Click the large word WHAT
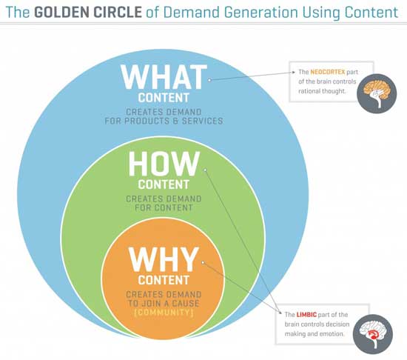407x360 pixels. click(x=164, y=77)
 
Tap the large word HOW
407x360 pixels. click(x=164, y=164)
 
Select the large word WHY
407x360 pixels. click(x=164, y=259)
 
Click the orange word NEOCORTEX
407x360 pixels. click(x=328, y=72)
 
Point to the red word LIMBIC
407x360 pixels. click(x=306, y=315)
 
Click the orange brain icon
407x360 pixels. click(x=377, y=93)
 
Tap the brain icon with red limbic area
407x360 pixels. click(x=373, y=334)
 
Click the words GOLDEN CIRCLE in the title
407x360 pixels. click(x=88, y=12)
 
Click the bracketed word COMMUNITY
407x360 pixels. click(x=164, y=312)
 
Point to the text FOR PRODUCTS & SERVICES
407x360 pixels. click(x=164, y=121)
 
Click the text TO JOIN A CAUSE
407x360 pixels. click(x=164, y=303)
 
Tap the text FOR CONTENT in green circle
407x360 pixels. click(x=164, y=207)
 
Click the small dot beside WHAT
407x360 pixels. click(x=209, y=80)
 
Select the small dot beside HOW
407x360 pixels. click(x=205, y=170)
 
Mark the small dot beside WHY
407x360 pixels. click(x=203, y=263)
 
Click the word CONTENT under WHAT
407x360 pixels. click(x=164, y=98)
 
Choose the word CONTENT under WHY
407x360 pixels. click(x=164, y=280)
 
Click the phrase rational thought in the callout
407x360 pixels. click(x=322, y=91)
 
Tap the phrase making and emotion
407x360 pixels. click(x=314, y=334)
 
